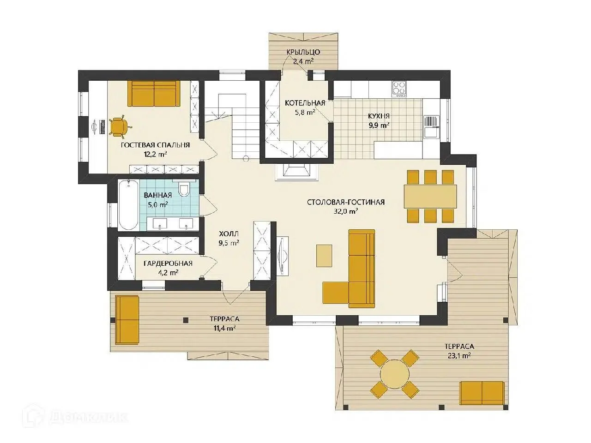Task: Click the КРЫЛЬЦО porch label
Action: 303,52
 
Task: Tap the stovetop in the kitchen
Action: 399,89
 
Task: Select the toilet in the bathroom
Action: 184,190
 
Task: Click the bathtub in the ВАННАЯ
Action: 128,205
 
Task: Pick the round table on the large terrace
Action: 394,374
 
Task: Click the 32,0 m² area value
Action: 346,211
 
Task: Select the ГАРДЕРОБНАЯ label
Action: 168,263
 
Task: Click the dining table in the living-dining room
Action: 430,197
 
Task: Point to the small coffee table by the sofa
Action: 324,256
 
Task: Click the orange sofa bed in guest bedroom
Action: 154,94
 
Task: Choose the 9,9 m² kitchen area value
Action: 379,126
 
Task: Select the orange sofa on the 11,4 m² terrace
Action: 127,320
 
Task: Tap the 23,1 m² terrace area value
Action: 459,356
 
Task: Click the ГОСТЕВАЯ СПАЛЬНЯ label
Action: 155,145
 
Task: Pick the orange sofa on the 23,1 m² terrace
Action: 482,393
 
